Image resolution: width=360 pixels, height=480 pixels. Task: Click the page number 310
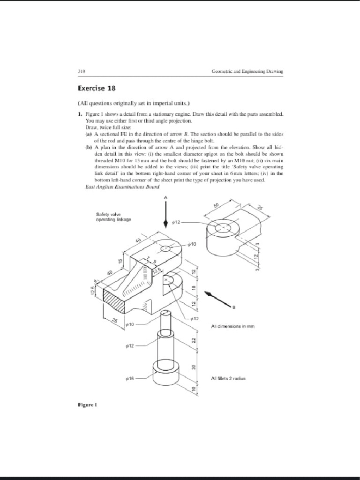(81, 71)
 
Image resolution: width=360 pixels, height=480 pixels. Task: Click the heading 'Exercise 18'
(96, 88)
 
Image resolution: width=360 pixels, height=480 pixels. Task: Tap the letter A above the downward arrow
(165, 197)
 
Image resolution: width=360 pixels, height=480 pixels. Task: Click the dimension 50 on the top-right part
(216, 207)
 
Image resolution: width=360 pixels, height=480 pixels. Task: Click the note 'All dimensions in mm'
(232, 326)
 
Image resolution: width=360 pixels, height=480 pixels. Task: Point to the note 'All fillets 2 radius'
(228, 378)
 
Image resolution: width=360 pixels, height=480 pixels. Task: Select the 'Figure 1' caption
(87, 404)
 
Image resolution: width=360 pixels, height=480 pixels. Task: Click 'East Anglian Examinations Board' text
(122, 187)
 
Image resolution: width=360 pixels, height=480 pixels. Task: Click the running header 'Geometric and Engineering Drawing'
(247, 71)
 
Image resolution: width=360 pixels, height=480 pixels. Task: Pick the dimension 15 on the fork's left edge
(120, 261)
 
